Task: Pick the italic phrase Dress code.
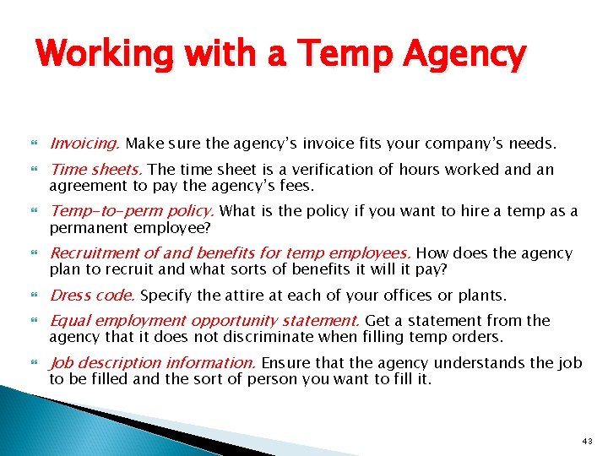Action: click(x=94, y=296)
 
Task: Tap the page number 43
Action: click(x=588, y=440)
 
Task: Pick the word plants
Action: click(x=481, y=296)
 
